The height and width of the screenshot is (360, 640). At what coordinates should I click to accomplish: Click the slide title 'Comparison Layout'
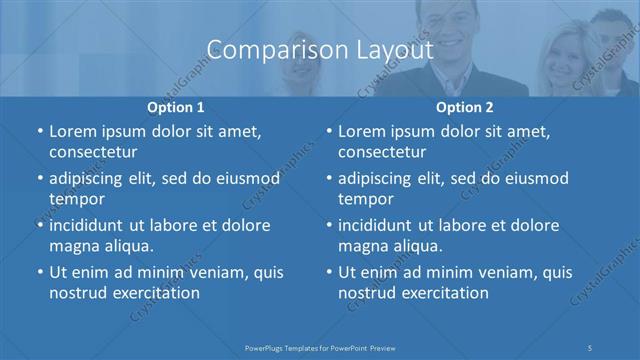pyautogui.click(x=319, y=49)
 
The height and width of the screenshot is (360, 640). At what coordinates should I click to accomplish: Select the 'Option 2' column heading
pyautogui.click(x=465, y=107)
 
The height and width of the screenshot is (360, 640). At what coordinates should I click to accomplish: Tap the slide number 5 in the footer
pyautogui.click(x=591, y=347)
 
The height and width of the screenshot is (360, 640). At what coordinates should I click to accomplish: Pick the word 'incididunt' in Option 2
pyautogui.click(x=382, y=225)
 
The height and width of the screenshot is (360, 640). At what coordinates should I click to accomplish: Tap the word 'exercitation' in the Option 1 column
pyautogui.click(x=155, y=293)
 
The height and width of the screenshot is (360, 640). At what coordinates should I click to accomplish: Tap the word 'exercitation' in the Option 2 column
pyautogui.click(x=444, y=293)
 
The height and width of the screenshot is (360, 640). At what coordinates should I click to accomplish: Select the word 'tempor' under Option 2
pyautogui.click(x=367, y=199)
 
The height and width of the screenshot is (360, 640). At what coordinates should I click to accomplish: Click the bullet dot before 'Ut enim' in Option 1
pyautogui.click(x=39, y=272)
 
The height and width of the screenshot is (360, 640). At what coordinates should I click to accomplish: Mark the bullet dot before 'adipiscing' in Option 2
pyautogui.click(x=328, y=179)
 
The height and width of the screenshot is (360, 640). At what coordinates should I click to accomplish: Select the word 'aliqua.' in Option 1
pyautogui.click(x=128, y=245)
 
